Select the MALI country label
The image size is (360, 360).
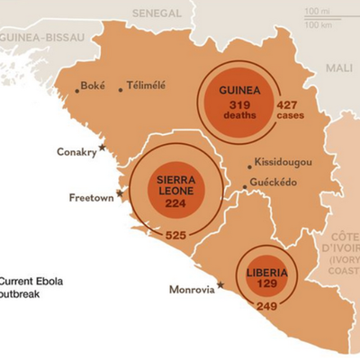point(339,67)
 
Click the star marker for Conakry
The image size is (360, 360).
point(102,146)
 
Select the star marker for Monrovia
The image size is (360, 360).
point(220,285)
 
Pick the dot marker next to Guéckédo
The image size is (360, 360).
point(244,187)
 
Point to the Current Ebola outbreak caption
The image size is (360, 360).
point(31,287)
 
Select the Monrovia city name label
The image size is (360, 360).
point(191,290)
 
